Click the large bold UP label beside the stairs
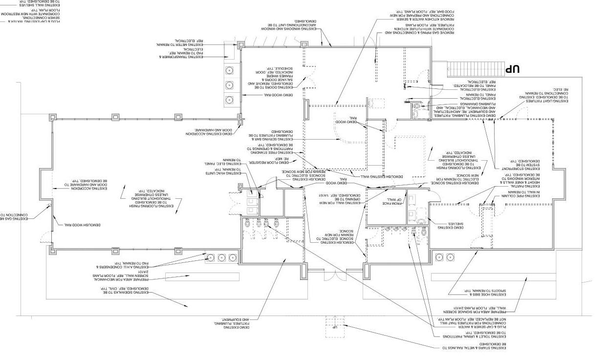(511, 69)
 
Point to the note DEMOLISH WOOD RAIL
(82, 224)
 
